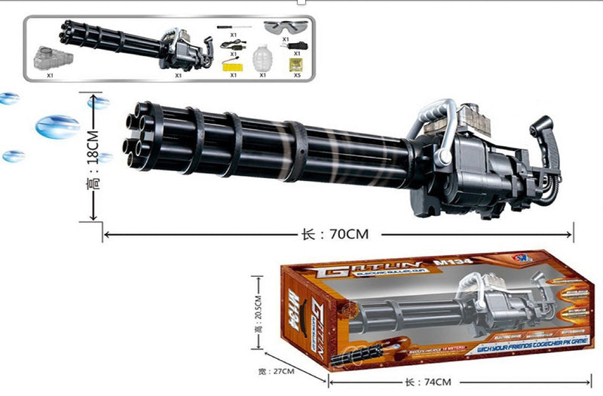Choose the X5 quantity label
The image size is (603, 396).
click(x=295, y=75)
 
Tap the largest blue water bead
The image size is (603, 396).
click(x=57, y=126)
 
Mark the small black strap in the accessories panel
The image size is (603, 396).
click(x=292, y=46)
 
